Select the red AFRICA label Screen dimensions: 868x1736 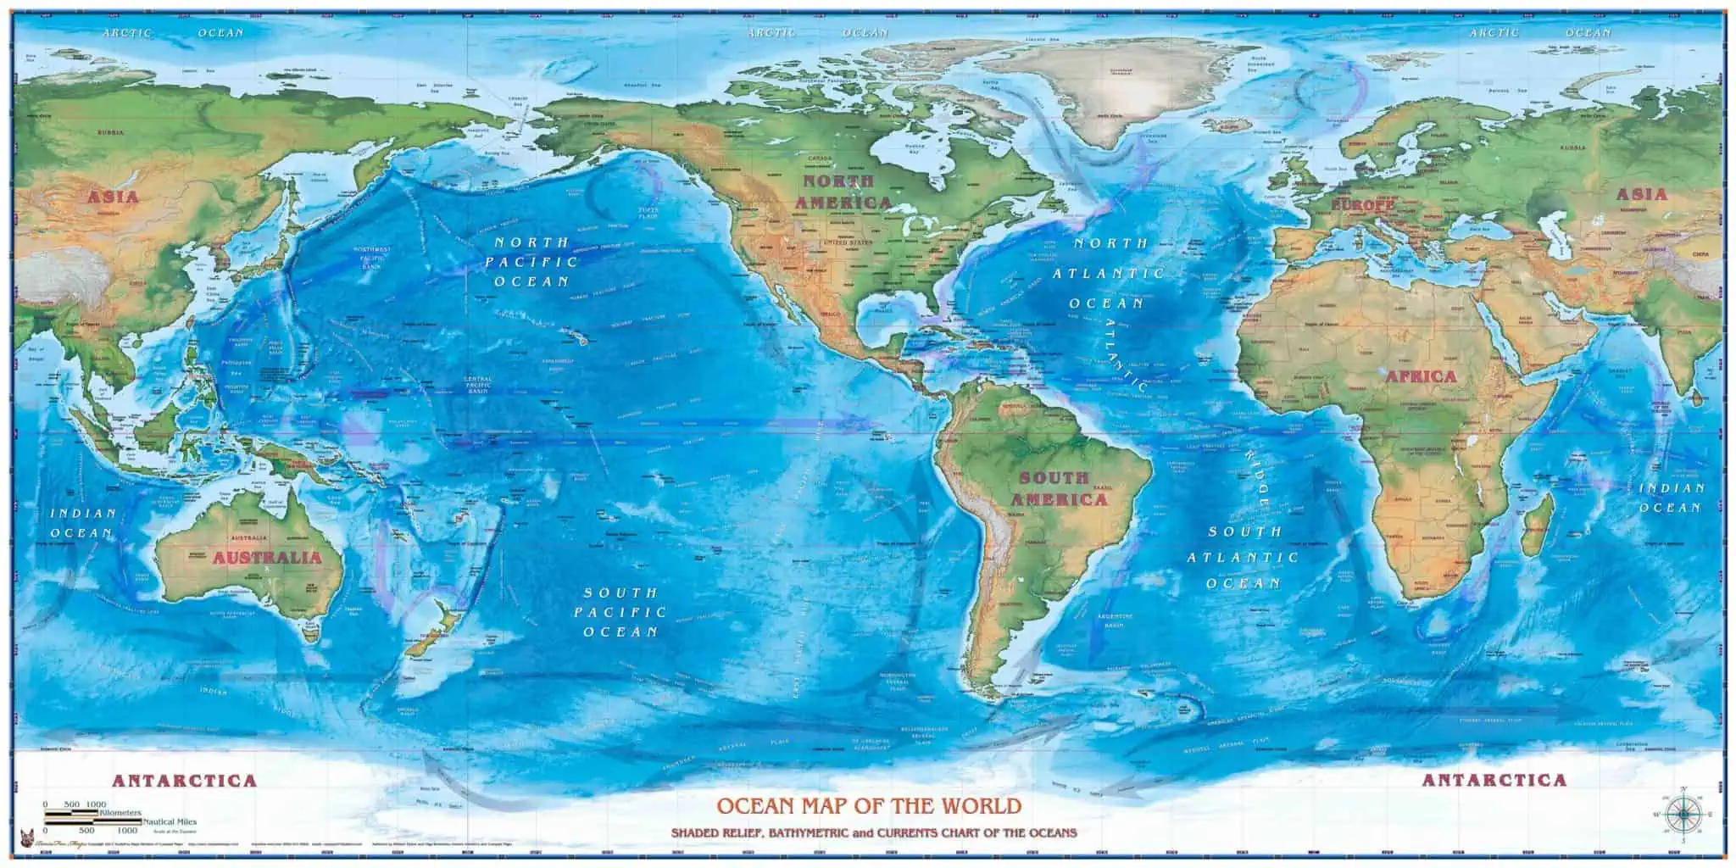1421,376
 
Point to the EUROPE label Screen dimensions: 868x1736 1362,205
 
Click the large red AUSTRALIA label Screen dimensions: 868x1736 267,558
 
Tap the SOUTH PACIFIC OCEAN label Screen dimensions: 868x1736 620,612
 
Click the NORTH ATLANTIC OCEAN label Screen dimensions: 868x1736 1109,273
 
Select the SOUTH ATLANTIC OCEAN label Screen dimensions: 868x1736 1243,557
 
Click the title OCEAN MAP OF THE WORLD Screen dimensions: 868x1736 869,805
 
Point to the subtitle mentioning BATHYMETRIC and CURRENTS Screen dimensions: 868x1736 873,833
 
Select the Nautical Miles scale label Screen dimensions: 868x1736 170,821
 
